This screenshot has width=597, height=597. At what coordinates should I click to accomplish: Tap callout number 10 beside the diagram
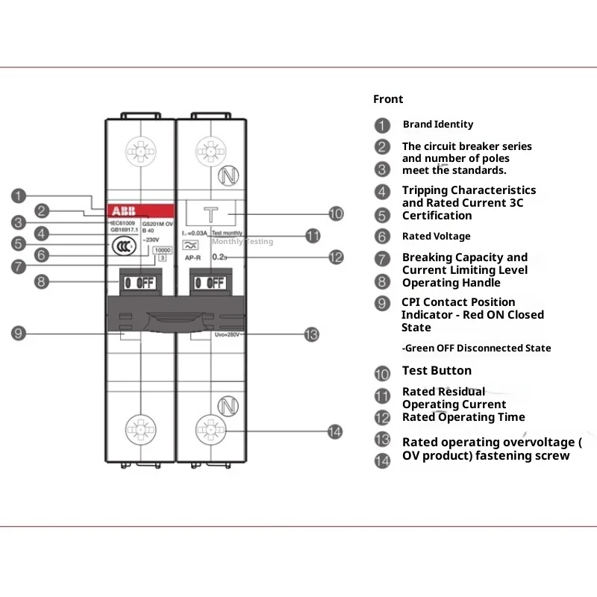click(336, 214)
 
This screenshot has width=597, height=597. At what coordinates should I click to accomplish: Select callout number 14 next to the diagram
click(336, 431)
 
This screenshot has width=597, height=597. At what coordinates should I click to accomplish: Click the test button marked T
click(211, 213)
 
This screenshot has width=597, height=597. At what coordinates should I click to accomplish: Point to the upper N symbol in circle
click(227, 177)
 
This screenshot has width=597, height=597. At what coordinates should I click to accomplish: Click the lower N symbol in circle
click(227, 406)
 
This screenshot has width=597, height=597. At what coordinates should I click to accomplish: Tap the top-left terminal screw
click(139, 151)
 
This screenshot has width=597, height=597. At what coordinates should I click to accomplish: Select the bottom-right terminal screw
click(210, 431)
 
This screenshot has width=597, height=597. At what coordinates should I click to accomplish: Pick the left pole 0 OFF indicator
click(139, 283)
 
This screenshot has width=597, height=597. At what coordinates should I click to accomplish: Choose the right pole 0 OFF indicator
click(210, 283)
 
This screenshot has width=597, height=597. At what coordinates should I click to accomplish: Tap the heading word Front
click(388, 99)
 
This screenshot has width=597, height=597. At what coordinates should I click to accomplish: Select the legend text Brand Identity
click(437, 125)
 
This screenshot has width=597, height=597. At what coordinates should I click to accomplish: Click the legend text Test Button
click(437, 371)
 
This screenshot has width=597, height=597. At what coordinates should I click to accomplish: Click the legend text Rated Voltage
click(436, 237)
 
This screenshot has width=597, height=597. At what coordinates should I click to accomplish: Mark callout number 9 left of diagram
click(19, 333)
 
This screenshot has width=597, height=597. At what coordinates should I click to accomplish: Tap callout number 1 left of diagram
click(19, 196)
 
